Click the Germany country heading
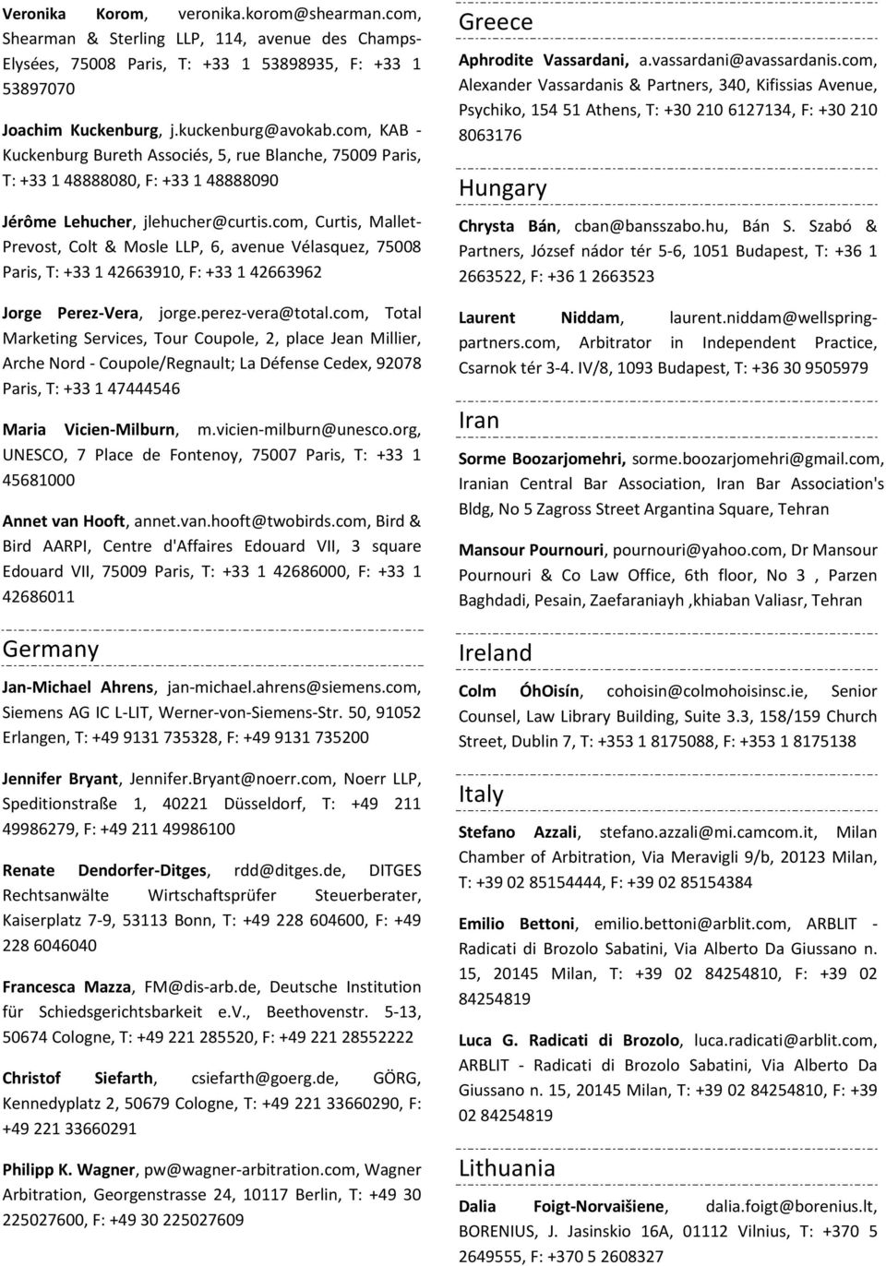51,649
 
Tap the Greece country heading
496,21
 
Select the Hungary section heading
503,187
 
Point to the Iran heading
479,420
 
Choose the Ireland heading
496,652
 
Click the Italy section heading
481,794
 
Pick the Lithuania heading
508,1167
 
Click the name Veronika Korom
74,14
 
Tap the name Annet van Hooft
65,520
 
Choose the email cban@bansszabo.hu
651,226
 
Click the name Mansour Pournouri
532,550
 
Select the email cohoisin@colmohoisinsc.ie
706,691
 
